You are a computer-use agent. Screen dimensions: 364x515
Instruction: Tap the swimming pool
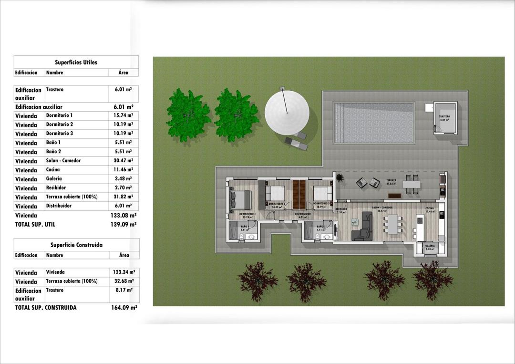tap(374, 123)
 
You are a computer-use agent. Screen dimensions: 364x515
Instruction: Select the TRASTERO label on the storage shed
tap(444, 117)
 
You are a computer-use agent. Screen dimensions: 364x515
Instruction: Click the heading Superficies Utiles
tap(76, 62)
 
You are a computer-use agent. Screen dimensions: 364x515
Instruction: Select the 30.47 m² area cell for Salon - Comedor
tap(123, 161)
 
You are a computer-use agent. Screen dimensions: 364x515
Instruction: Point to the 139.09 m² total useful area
tap(123, 224)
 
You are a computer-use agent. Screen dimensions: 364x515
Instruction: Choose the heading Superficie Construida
tap(76, 245)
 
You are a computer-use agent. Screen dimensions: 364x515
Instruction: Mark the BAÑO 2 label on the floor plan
tap(321, 227)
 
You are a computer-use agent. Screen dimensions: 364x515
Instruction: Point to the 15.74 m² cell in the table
tap(123, 115)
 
